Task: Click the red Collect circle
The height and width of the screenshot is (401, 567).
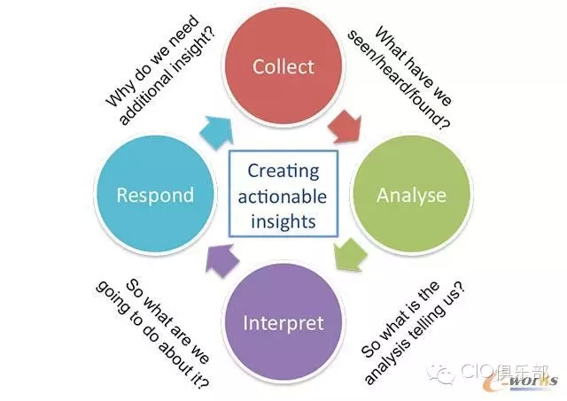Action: pyautogui.click(x=283, y=66)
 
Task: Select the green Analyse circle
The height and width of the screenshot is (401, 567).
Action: pyautogui.click(x=411, y=195)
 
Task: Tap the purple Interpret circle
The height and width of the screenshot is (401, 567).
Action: pyautogui.click(x=283, y=322)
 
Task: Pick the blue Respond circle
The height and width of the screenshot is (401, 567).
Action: pyautogui.click(x=155, y=195)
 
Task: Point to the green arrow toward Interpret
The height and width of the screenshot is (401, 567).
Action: pyautogui.click(x=349, y=254)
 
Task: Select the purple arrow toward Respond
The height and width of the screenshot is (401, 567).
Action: pyautogui.click(x=221, y=260)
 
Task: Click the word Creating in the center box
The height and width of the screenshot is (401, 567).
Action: pyautogui.click(x=283, y=171)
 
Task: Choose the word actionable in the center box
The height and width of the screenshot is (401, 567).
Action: pyautogui.click(x=283, y=197)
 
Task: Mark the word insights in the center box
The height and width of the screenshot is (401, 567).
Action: pyautogui.click(x=283, y=221)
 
